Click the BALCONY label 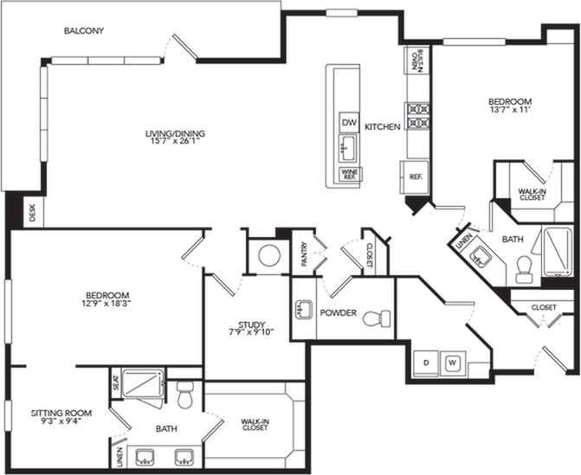coord(84,31)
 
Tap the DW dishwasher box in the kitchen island coord(349,122)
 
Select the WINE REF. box coord(349,174)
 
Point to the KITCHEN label coord(382,126)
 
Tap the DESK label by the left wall coord(32,213)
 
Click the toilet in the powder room coord(373,318)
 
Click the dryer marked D coord(427,362)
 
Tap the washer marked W coord(452,362)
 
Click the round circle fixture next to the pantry coord(269,256)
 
